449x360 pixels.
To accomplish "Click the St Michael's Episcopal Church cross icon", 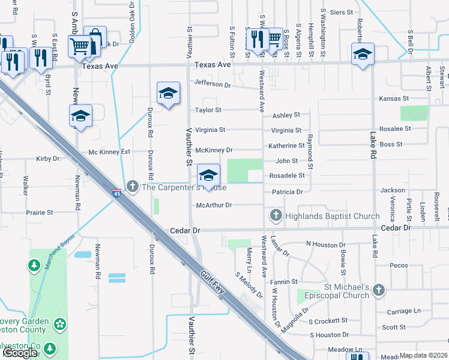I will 378,290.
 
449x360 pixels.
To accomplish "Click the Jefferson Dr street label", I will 212,85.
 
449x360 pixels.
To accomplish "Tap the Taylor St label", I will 208,110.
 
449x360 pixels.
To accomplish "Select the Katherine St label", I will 286,146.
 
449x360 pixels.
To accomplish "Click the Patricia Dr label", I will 288,192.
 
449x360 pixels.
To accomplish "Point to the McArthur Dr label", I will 214,205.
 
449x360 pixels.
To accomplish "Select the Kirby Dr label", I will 48,159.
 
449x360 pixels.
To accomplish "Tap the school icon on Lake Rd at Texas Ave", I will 363,55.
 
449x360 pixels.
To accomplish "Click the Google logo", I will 20,353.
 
